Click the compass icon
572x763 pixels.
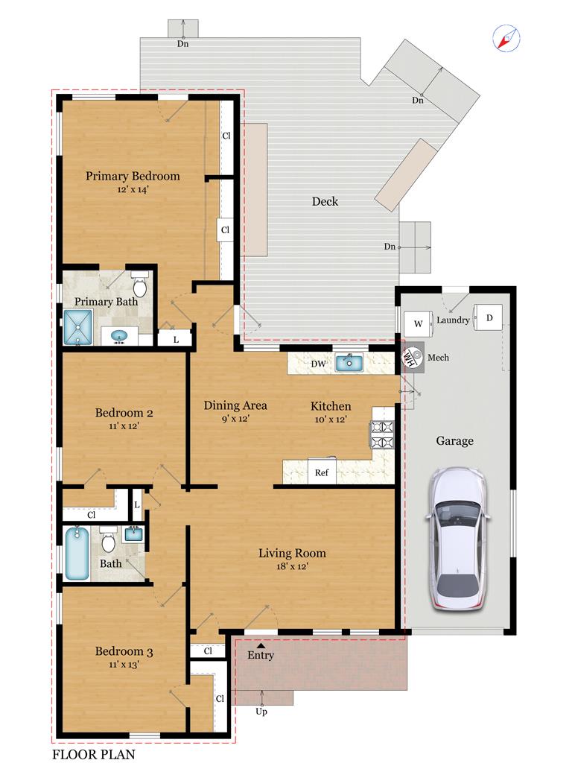coord(506,39)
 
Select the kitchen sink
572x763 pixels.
coord(349,363)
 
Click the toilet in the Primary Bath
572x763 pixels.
coord(139,285)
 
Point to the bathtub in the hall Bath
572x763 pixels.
coord(77,554)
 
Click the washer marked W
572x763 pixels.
coord(419,323)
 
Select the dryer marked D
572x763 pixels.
coord(489,317)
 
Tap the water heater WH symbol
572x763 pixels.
coord(410,357)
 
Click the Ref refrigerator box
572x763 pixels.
coord(322,472)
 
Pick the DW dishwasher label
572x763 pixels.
coord(318,364)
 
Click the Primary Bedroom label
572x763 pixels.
coord(133,176)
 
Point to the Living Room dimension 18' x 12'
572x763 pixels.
coord(292,566)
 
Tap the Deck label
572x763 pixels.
coord(325,201)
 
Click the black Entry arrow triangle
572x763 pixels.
coord(261,646)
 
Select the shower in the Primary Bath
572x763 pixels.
coord(77,327)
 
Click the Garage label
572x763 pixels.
coord(454,441)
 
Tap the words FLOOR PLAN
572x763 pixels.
coord(94,754)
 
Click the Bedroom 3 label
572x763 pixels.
coord(124,651)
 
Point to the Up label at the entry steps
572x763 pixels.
coord(261,712)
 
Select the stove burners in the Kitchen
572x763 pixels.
coord(382,434)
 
